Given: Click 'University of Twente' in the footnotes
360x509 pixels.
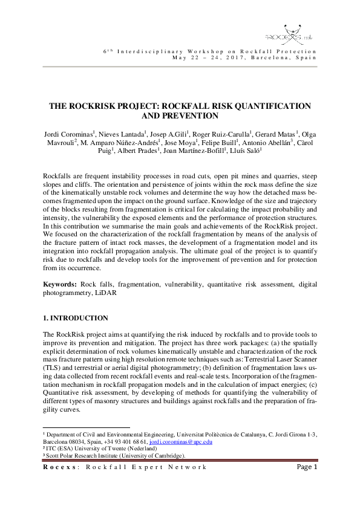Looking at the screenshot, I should [88, 449].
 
